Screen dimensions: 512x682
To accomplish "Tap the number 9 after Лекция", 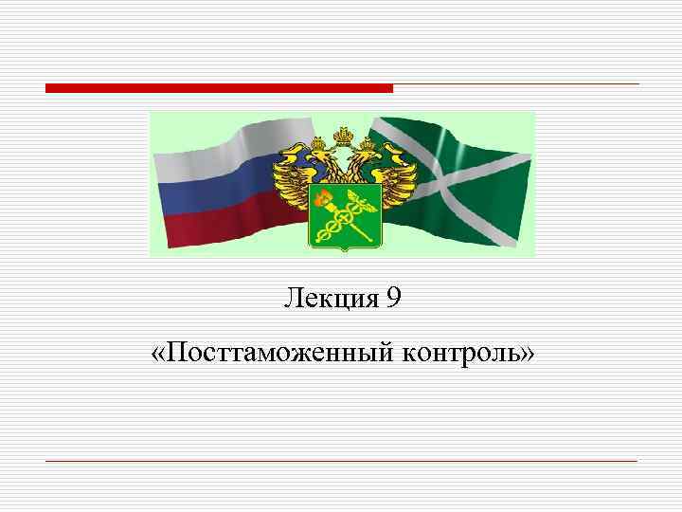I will pyautogui.click(x=393, y=300).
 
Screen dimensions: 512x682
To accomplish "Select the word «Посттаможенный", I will pyautogui.click(x=274, y=355).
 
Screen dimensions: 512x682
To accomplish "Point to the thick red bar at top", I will pyautogui.click(x=219, y=88).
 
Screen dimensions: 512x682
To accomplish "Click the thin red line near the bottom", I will pyautogui.click(x=341, y=461).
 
